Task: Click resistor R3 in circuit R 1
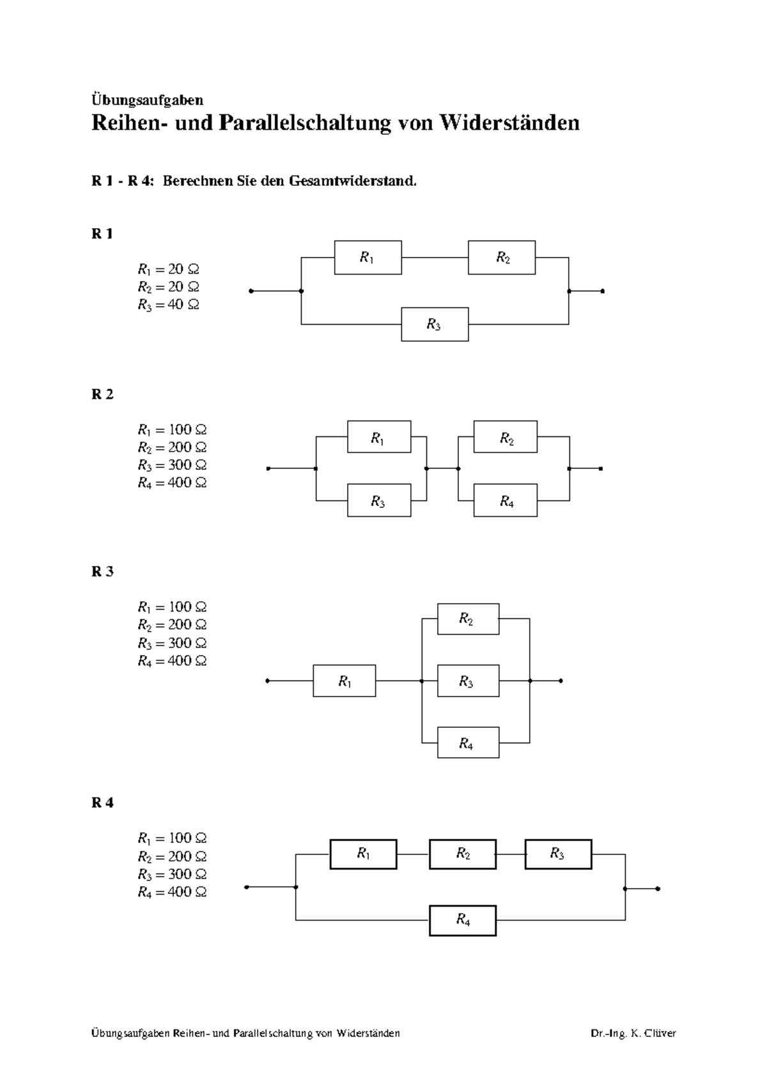click(x=435, y=325)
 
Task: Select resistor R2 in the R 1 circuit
click(x=502, y=258)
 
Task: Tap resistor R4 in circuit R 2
click(x=506, y=501)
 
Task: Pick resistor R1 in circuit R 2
click(x=378, y=437)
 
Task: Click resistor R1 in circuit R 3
click(x=344, y=681)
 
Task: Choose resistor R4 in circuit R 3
click(x=468, y=743)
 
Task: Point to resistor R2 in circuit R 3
click(x=468, y=619)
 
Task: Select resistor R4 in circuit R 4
click(x=463, y=920)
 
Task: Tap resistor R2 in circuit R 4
click(x=463, y=854)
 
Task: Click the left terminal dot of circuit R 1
click(x=251, y=291)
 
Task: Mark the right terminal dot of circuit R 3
click(x=561, y=681)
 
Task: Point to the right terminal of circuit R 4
click(x=658, y=888)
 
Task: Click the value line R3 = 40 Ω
click(x=168, y=305)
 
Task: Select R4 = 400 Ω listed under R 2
click(x=172, y=483)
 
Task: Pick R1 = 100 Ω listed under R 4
click(x=172, y=838)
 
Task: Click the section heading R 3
click(x=102, y=571)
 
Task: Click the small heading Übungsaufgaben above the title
click(x=148, y=100)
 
